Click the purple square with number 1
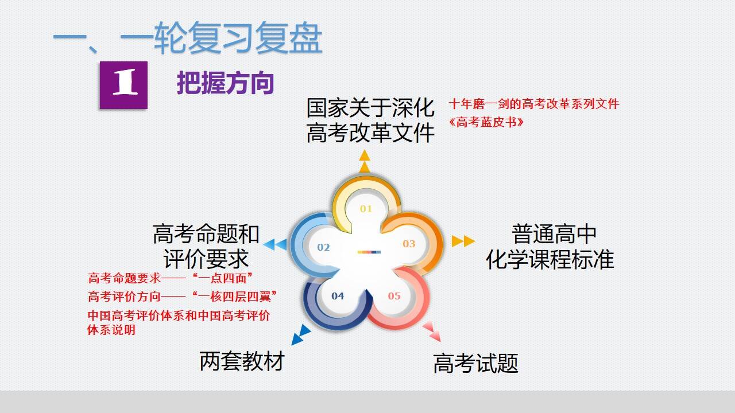tap(123, 85)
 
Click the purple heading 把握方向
tap(225, 83)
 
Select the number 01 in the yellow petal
tap(366, 209)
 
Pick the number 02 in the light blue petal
tap(323, 247)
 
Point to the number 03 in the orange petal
tap(409, 244)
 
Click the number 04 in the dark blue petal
tap(338, 296)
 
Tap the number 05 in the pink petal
tap(394, 296)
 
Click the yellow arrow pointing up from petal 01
tap(365, 161)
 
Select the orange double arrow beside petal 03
tap(463, 241)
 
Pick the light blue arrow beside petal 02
tap(275, 244)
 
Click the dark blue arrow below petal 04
tap(301, 334)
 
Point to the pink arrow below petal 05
tap(431, 332)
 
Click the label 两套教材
tap(242, 361)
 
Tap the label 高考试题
tap(475, 363)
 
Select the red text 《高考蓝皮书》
tap(486, 122)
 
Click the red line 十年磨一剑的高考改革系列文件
tap(534, 104)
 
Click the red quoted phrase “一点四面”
tap(222, 278)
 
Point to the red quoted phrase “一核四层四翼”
tap(234, 297)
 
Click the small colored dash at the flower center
tap(369, 252)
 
